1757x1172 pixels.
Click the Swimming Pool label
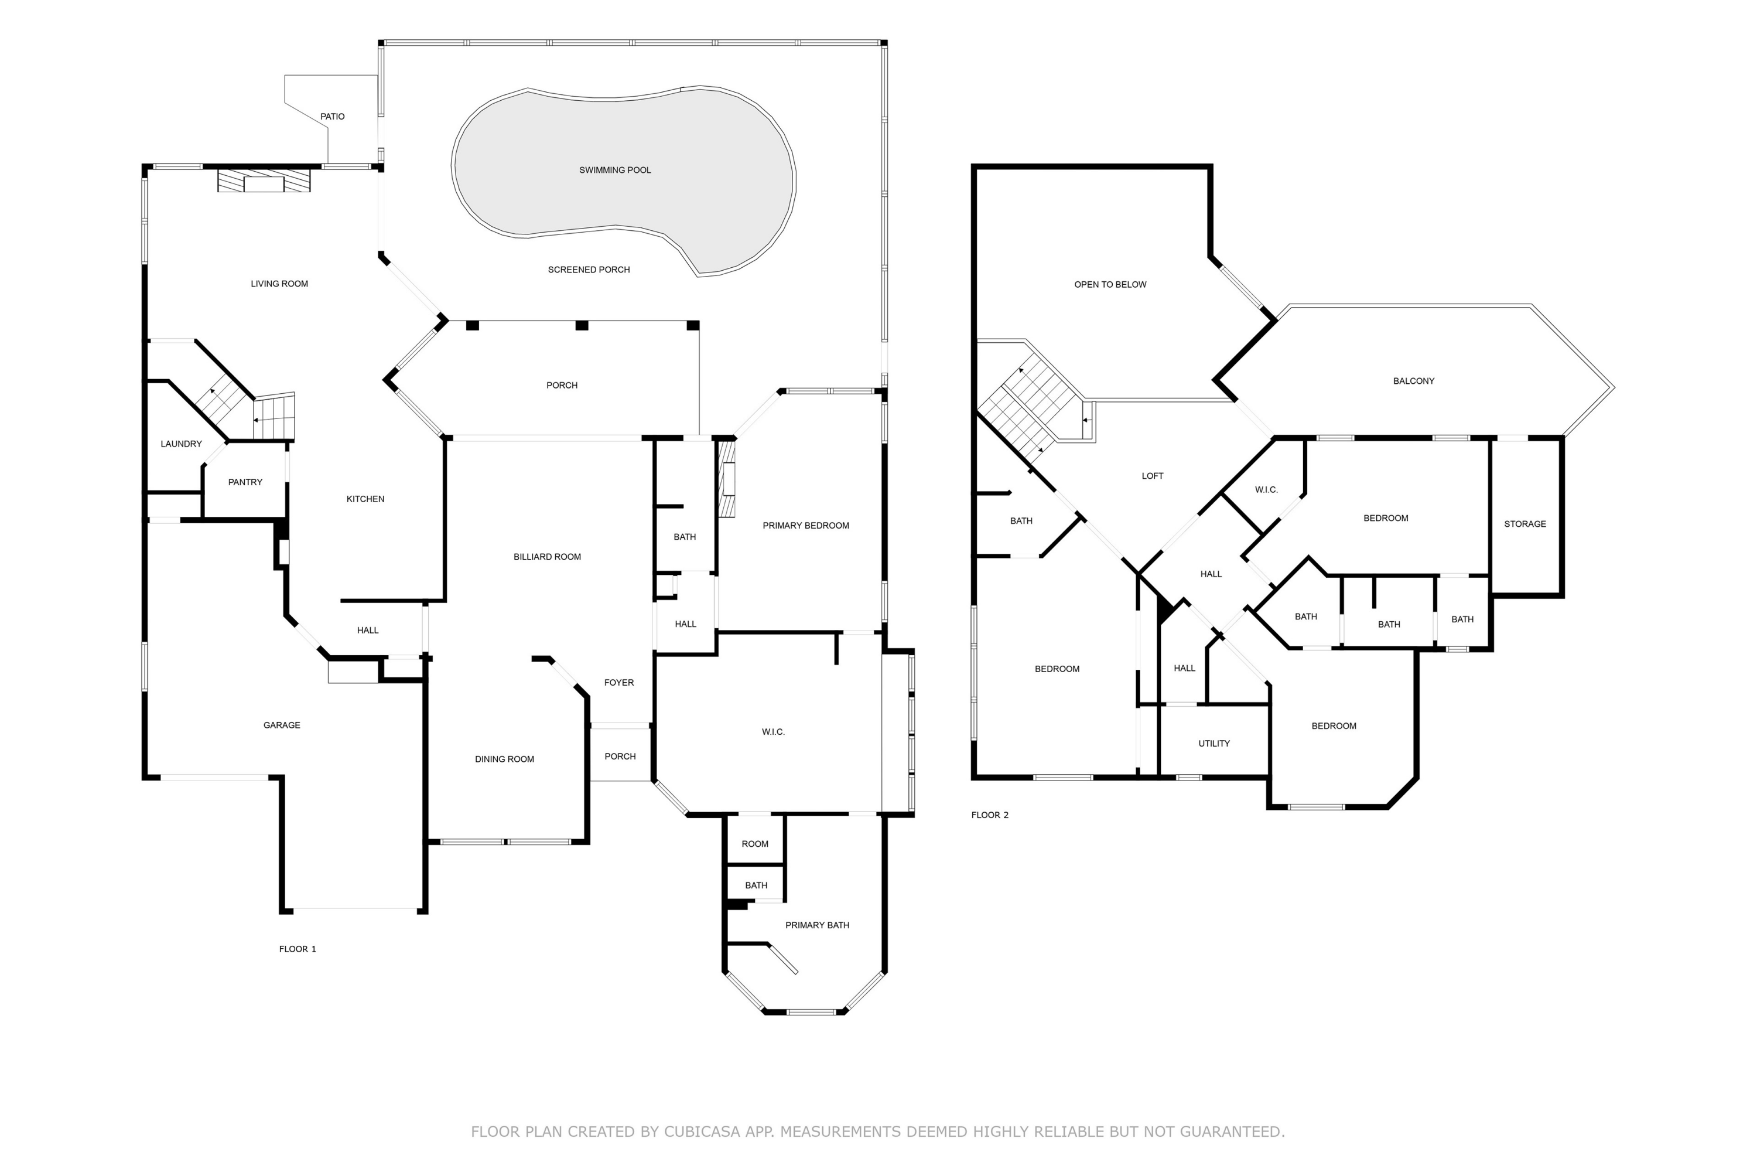pos(615,171)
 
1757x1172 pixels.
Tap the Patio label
pos(333,117)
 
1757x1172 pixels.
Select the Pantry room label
pos(245,482)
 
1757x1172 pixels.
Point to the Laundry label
pos(181,444)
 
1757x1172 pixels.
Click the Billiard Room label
pos(547,557)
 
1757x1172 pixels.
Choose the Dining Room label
pos(504,759)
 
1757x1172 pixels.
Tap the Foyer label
pos(618,683)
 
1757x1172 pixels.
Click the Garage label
pos(282,725)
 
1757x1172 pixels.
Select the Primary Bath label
pos(816,925)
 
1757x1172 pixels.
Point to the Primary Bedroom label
pos(805,526)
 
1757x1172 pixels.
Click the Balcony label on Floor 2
pos(1413,381)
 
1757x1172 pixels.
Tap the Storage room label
pos(1524,524)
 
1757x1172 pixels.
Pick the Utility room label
pos(1214,744)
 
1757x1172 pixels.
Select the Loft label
pos(1152,476)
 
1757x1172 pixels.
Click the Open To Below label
pos(1110,285)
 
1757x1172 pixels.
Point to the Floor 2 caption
pos(989,816)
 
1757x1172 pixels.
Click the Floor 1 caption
pos(298,949)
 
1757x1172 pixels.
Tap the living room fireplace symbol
pos(264,182)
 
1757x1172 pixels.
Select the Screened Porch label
pos(589,270)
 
